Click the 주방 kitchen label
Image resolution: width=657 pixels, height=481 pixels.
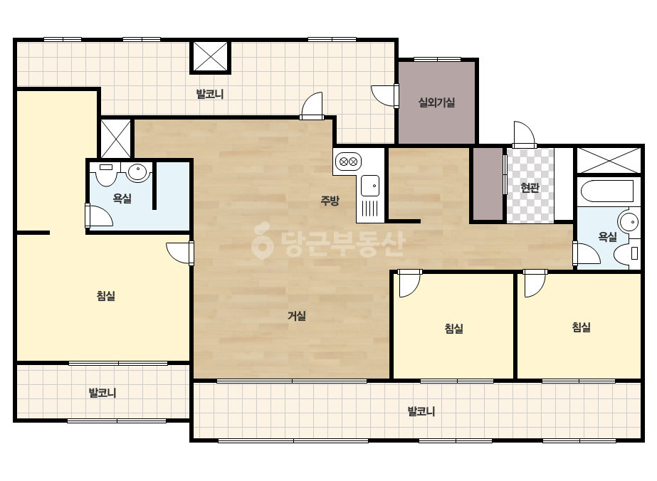tap(330, 201)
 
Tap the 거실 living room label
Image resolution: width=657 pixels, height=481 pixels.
tap(297, 316)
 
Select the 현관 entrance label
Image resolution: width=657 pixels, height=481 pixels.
tap(530, 188)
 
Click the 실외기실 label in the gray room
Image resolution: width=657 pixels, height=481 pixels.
tap(436, 102)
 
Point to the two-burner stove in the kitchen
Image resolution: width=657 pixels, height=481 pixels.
tap(348, 162)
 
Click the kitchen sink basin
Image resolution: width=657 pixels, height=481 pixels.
tap(370, 186)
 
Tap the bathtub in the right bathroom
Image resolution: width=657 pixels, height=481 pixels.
tap(607, 191)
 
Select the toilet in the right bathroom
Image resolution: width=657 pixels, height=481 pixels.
tap(627, 253)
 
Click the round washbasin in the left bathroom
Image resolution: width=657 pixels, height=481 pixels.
tap(139, 171)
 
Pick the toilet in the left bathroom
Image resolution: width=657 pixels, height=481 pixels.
tap(106, 174)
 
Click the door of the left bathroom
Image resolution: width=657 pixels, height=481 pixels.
tap(99, 216)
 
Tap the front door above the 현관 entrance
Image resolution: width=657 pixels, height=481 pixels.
tap(525, 134)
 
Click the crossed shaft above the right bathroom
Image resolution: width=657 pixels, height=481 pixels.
tap(609, 159)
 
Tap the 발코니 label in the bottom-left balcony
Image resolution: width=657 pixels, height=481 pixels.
tap(103, 393)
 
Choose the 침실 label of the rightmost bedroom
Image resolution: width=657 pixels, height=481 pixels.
tap(581, 327)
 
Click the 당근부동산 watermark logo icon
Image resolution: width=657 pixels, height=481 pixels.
tap(262, 241)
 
